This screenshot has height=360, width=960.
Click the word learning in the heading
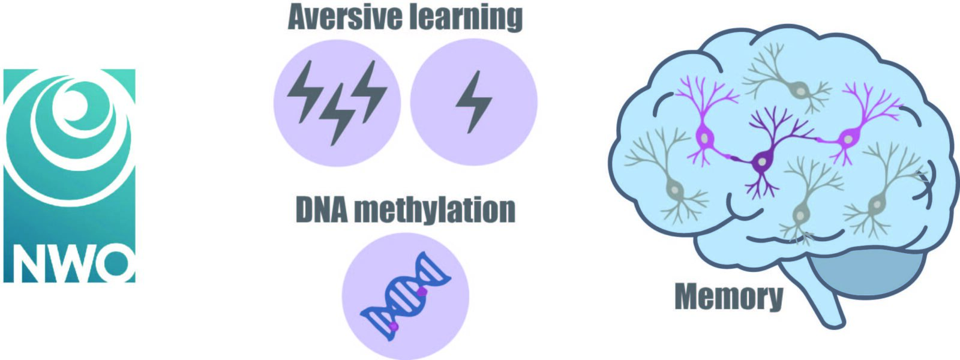464,19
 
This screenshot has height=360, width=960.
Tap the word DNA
322,209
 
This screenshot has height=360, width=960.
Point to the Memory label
729,296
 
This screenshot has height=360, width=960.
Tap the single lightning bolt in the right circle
473,102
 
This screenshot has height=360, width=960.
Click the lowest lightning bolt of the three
337,115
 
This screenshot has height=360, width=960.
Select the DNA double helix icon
406,296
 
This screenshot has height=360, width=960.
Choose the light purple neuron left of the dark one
708,122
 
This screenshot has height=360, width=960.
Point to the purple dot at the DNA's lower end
394,327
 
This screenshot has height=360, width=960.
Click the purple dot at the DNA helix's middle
422,292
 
